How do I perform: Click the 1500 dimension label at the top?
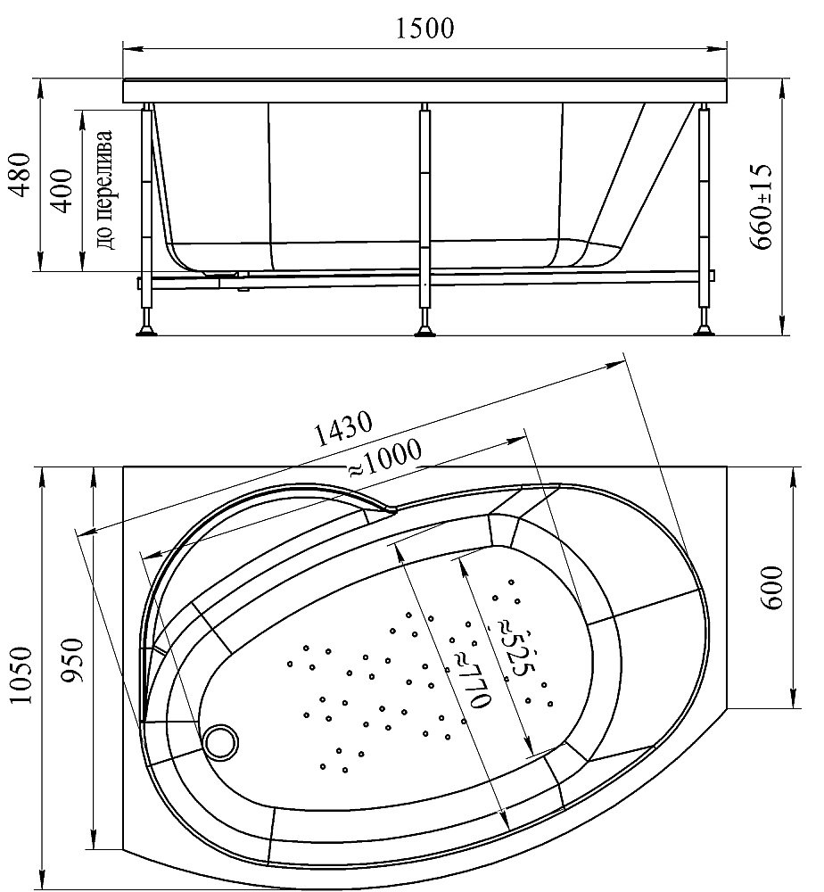[x=424, y=29]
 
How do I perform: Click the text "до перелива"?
[x=106, y=190]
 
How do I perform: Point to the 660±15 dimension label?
[x=761, y=207]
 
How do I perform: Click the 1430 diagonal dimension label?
[x=343, y=428]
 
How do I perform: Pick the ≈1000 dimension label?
[x=384, y=459]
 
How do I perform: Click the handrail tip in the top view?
[x=391, y=510]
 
